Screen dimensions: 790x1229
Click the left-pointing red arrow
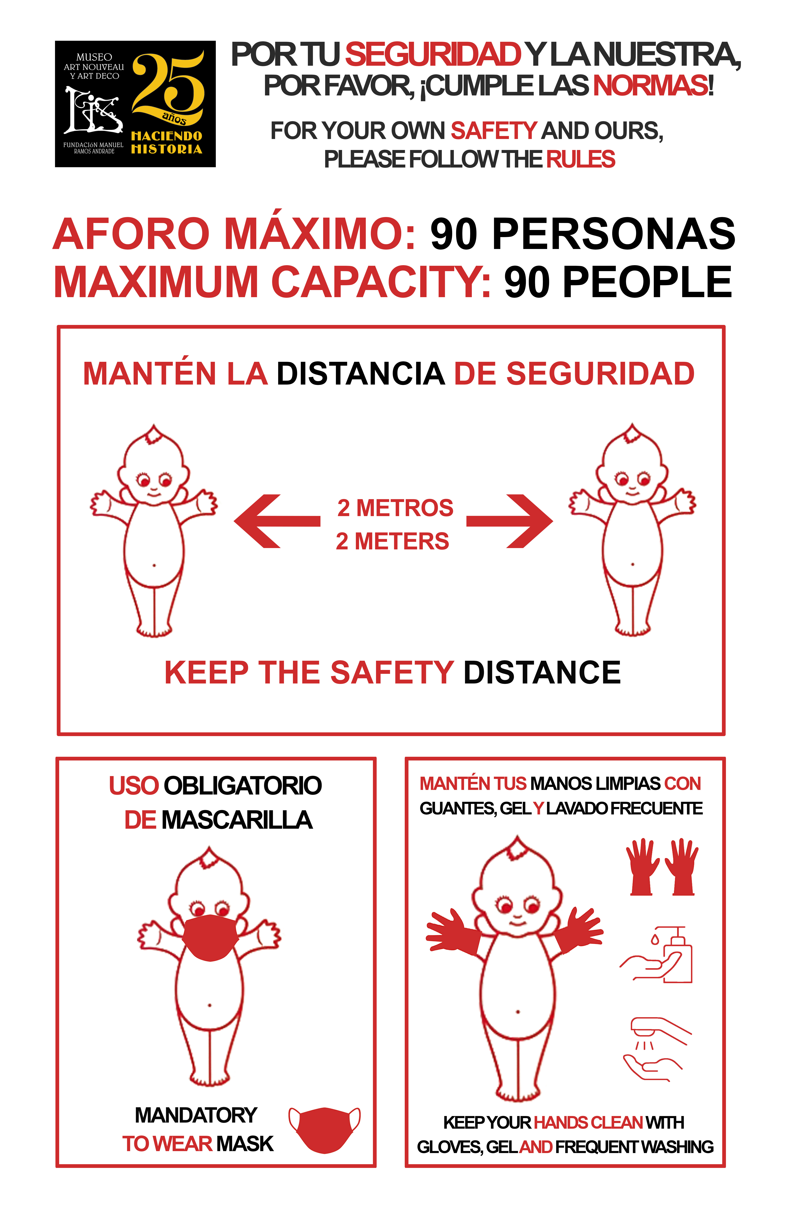[x=277, y=521]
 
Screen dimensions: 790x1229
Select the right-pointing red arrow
[x=509, y=521]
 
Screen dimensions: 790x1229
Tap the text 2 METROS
[x=395, y=508]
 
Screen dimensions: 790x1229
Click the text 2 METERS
[x=392, y=541]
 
